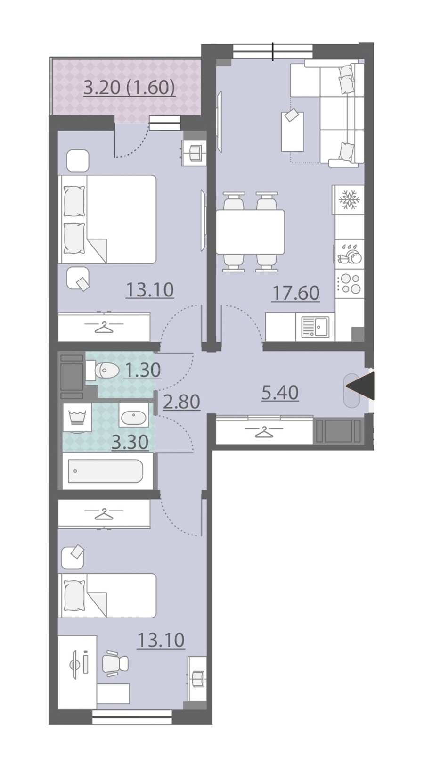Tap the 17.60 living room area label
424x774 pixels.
click(x=296, y=293)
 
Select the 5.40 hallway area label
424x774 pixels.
click(x=280, y=393)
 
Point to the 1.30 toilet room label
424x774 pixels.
click(x=143, y=370)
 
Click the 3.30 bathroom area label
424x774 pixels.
click(x=130, y=442)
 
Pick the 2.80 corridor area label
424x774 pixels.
click(x=182, y=402)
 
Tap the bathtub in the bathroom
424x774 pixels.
click(x=106, y=471)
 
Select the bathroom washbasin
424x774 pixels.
click(x=134, y=415)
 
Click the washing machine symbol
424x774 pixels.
click(x=77, y=418)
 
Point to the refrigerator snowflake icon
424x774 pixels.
click(x=350, y=199)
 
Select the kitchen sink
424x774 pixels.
click(x=316, y=327)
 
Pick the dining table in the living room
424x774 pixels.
click(x=251, y=232)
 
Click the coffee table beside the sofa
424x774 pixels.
click(x=293, y=132)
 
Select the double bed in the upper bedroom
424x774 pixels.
click(x=107, y=219)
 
